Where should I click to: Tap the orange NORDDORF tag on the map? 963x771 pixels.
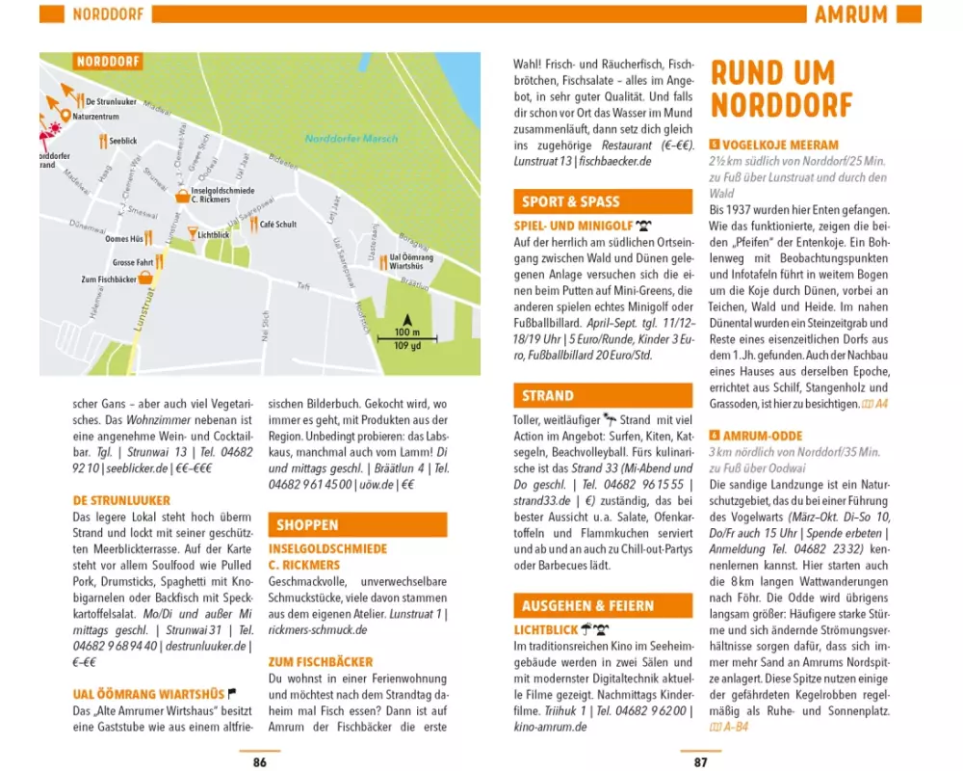(108, 62)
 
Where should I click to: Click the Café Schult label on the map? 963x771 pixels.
(277, 224)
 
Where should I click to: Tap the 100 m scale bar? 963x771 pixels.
(407, 339)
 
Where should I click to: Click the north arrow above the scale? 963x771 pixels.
(407, 319)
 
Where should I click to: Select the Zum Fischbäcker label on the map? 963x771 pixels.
(108, 279)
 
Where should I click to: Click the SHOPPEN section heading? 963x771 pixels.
(308, 525)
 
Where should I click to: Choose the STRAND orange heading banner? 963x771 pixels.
(548, 395)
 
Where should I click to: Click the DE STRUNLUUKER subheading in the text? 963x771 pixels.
(121, 500)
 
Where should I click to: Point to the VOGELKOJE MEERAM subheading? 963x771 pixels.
(780, 145)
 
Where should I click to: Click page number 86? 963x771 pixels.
(259, 762)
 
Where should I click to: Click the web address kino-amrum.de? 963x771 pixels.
(551, 726)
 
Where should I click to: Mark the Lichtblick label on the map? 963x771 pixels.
(213, 234)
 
